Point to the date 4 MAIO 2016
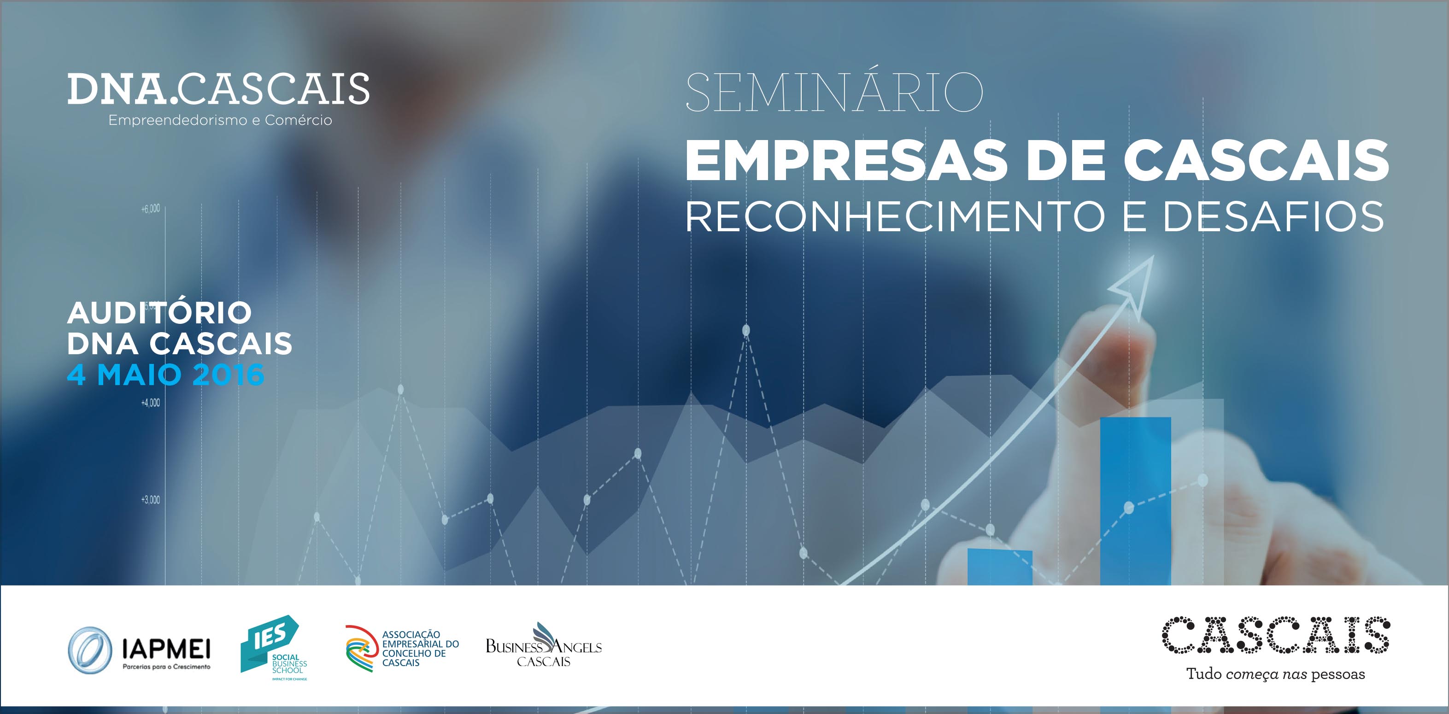pos(165,375)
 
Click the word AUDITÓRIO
pos(159,313)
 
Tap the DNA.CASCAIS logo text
pos(218,89)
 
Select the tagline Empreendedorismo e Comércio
pos(220,120)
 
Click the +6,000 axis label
pos(150,209)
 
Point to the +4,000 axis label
pos(150,403)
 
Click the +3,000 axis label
pos(150,500)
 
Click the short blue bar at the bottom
pos(1000,567)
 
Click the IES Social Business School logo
pos(273,648)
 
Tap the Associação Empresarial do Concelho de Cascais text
pos(420,648)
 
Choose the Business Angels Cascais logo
pos(543,645)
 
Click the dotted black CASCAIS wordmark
pos(1276,635)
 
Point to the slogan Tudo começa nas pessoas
pos(1276,673)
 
